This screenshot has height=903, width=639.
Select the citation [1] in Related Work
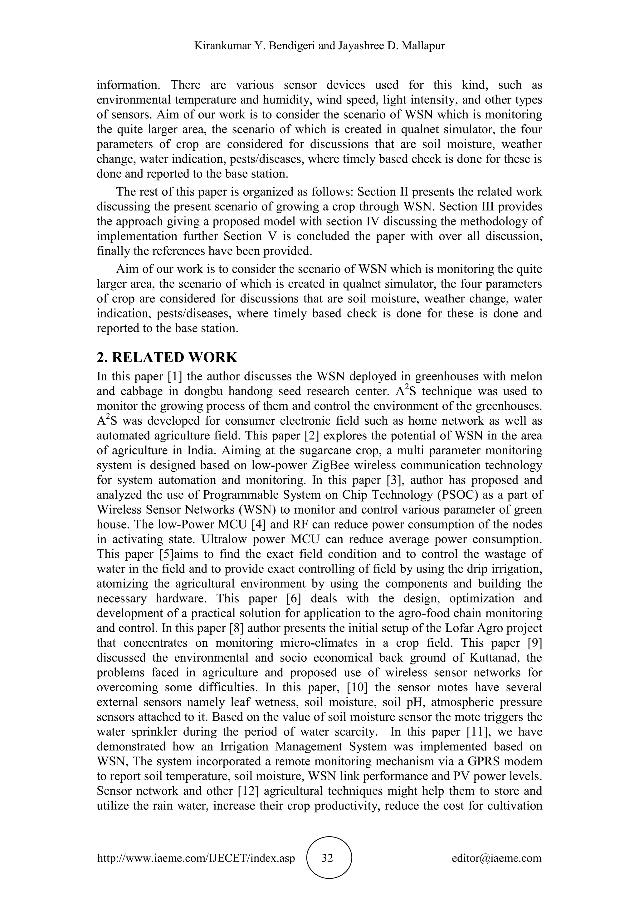tap(174, 376)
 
